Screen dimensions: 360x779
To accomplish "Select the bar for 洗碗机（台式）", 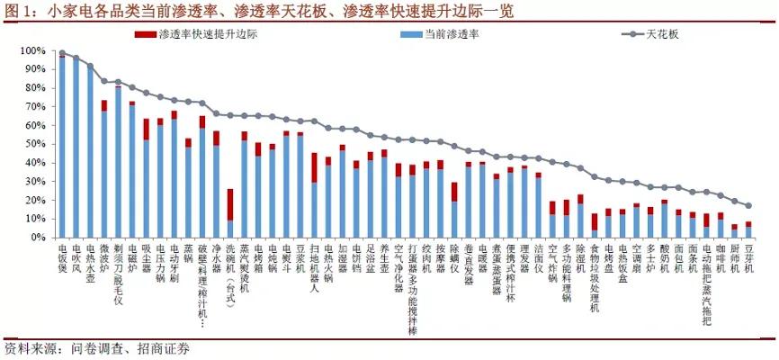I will point(230,213).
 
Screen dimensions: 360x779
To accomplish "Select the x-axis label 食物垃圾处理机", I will point(594,279).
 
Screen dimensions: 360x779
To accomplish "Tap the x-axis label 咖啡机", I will point(720,261).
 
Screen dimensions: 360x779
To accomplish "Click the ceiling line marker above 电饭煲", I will point(62,53).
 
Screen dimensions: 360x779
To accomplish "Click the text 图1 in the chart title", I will point(20,11).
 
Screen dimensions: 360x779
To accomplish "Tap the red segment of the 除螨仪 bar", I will point(454,192).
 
